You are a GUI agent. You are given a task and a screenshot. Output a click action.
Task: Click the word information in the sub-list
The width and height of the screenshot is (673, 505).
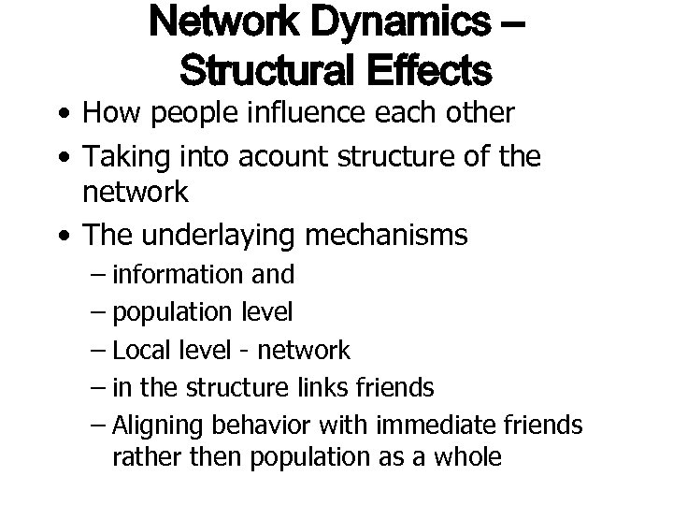tap(175, 274)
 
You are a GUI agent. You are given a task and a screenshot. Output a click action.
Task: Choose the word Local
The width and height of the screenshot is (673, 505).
tap(138, 351)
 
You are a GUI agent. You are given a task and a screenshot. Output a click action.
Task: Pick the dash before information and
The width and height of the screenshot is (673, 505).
tap(99, 275)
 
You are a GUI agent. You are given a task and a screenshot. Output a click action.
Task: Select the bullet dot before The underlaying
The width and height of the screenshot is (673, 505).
tap(61, 236)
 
